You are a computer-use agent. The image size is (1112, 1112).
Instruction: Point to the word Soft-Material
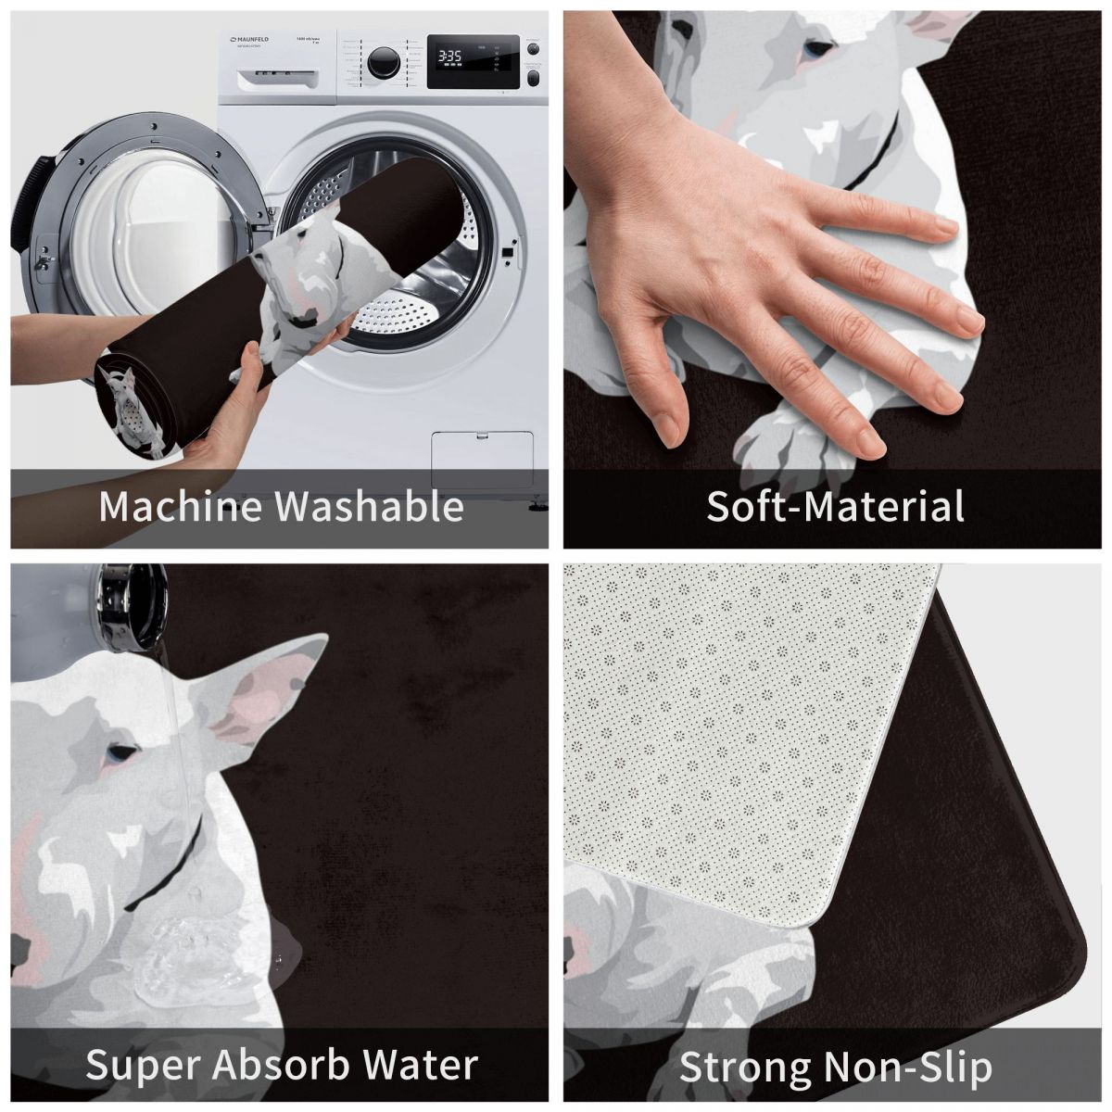tap(835, 507)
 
